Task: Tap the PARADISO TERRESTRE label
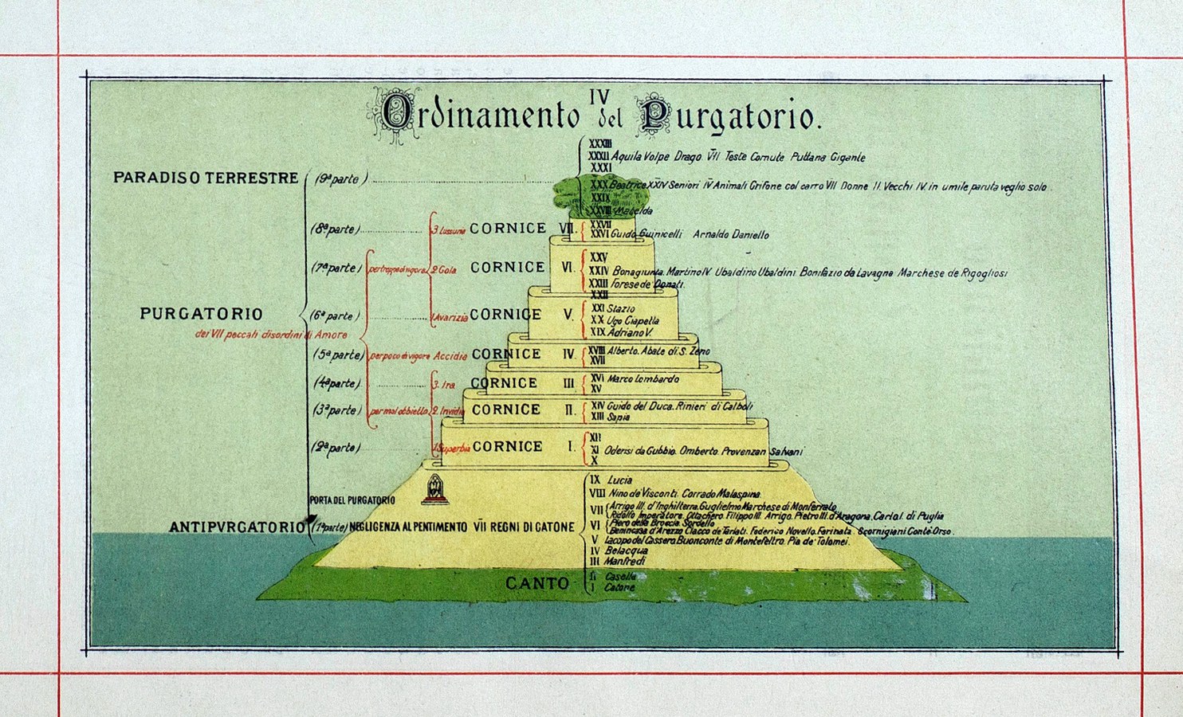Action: [206, 178]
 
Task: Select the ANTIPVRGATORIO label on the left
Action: [238, 527]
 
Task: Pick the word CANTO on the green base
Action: [537, 583]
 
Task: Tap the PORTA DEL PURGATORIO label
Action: [352, 500]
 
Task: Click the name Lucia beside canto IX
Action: [619, 480]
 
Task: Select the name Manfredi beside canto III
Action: [624, 562]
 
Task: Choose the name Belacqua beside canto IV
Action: [626, 550]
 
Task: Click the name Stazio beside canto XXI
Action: [621, 308]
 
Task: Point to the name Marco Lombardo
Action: [643, 379]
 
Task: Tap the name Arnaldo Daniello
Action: [731, 234]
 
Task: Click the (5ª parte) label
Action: [338, 355]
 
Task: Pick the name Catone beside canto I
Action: [619, 588]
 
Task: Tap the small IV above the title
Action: [599, 96]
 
